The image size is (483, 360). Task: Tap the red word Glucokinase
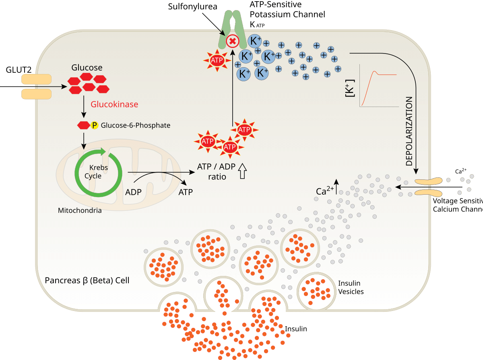[114, 105]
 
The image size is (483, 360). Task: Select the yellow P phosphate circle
[95, 125]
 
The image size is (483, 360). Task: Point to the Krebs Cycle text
[95, 171]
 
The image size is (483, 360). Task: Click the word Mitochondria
[80, 210]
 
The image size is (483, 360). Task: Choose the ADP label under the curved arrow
[133, 192]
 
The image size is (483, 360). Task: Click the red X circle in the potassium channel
[232, 41]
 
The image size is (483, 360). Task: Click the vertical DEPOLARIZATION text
[409, 131]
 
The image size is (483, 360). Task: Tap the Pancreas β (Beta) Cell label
[87, 280]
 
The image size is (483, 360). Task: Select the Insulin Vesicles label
[351, 288]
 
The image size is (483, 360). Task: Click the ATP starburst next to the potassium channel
[217, 60]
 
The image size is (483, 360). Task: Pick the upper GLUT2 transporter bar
[36, 79]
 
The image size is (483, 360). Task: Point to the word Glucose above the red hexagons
[87, 68]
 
